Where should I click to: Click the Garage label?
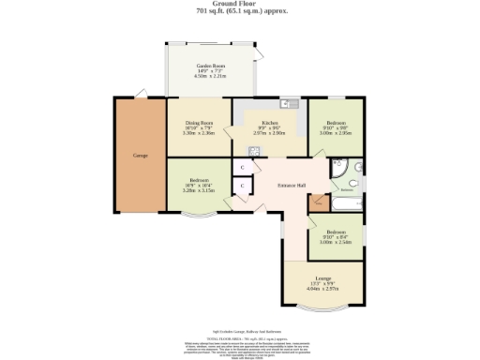(141, 155)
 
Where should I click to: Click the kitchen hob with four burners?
(254, 147)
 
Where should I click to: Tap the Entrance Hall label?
(292, 185)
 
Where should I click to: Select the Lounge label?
(322, 279)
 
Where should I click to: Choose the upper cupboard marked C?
(242, 167)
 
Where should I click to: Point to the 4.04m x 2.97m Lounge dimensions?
(322, 291)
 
